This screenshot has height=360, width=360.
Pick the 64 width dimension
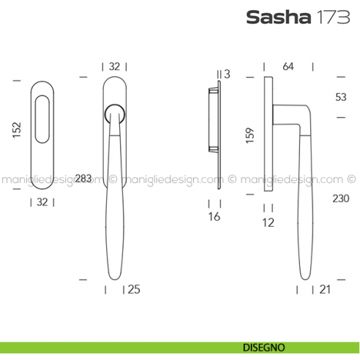click(288, 67)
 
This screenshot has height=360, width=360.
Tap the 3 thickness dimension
click(228, 73)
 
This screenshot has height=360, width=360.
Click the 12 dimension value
click(268, 222)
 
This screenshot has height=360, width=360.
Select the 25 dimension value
click(133, 290)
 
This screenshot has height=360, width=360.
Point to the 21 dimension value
click(326, 290)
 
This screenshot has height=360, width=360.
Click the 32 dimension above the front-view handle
click(114, 67)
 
